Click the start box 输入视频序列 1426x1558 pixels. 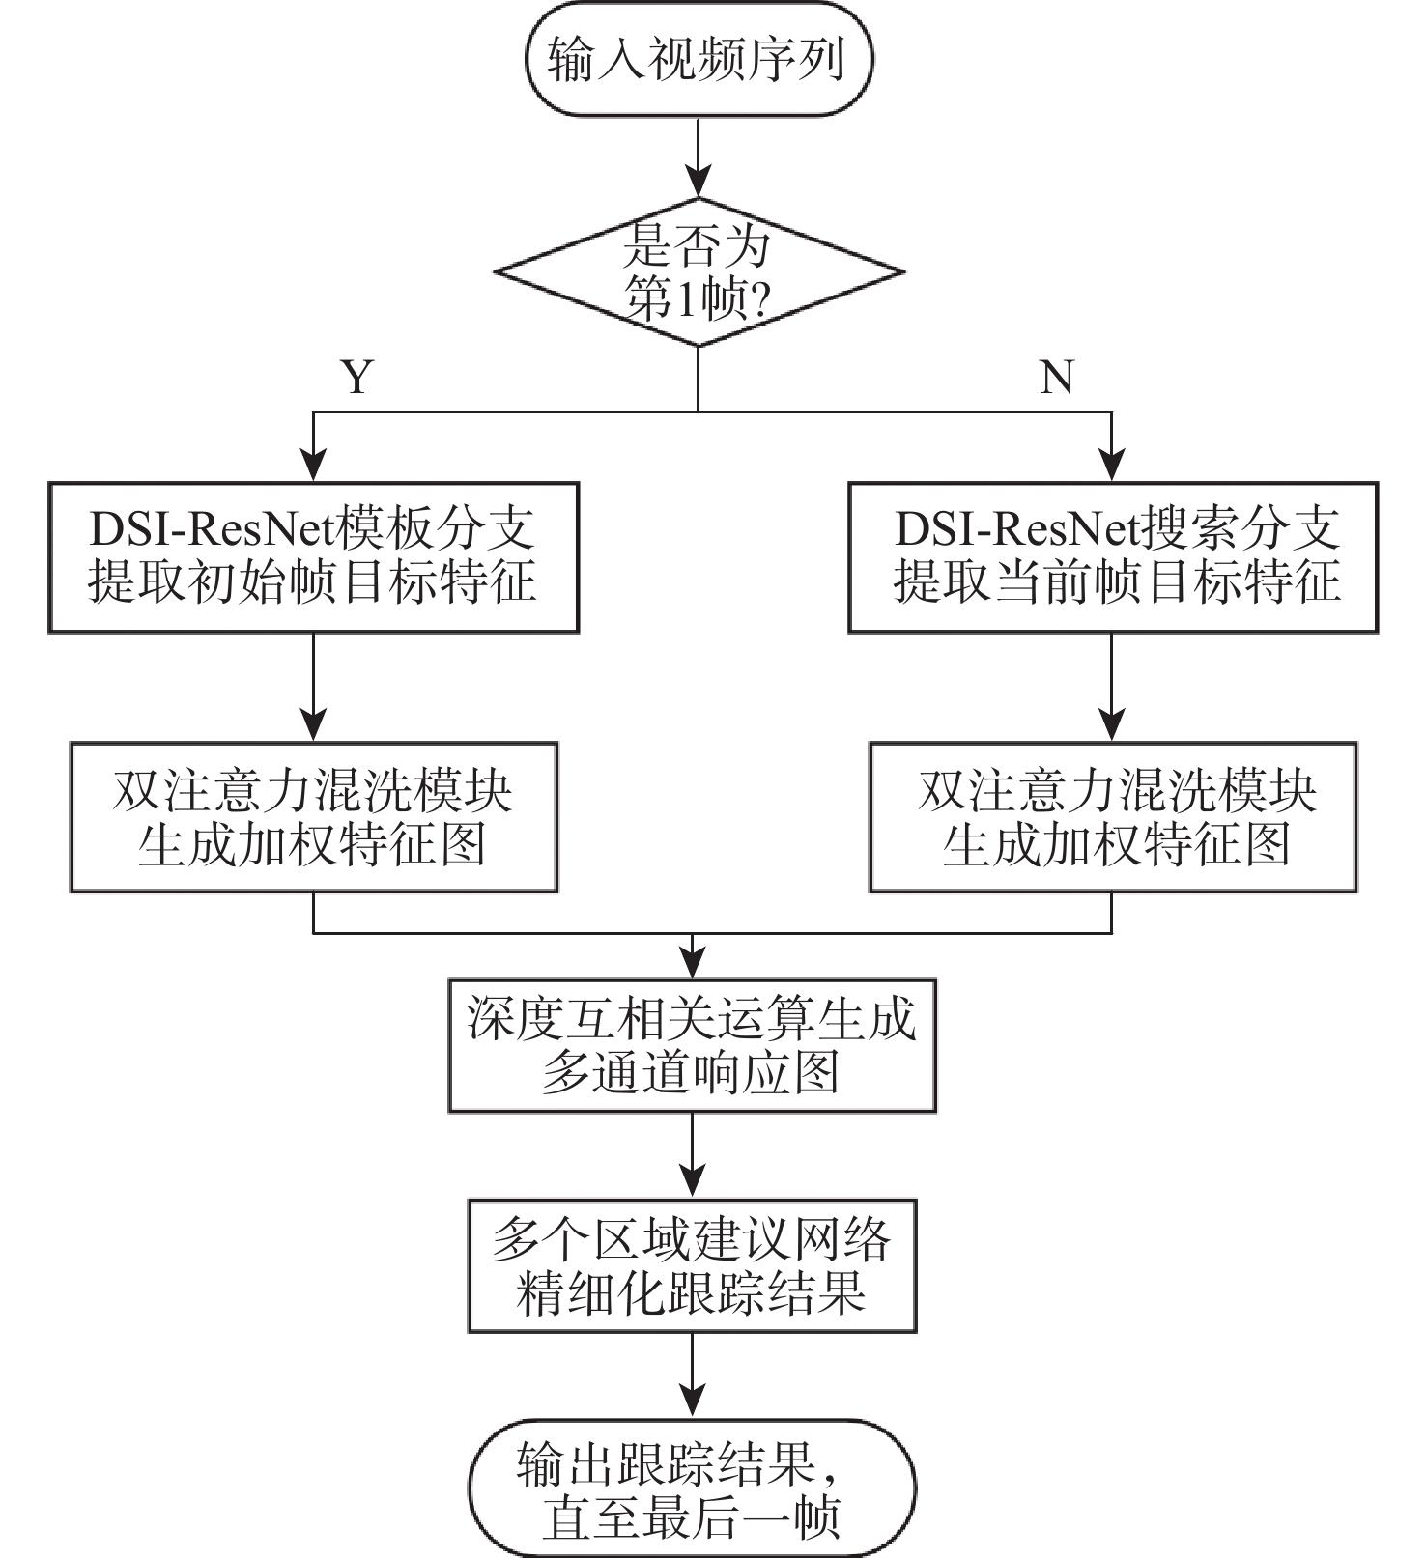click(x=698, y=59)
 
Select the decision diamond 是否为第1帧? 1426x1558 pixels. click(x=698, y=272)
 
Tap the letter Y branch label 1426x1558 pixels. click(x=357, y=377)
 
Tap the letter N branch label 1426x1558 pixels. click(x=1056, y=377)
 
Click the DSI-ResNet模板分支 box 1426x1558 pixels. click(x=313, y=557)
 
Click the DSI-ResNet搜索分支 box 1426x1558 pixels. click(x=1112, y=557)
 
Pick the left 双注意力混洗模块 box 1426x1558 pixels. click(x=313, y=817)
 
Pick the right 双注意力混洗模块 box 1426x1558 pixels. click(x=1112, y=817)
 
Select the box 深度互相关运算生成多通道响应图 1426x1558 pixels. click(x=692, y=1046)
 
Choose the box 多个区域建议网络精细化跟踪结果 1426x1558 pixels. click(x=692, y=1266)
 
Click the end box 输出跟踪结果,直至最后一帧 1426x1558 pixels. click(x=692, y=1487)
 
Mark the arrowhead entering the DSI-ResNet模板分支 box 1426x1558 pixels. click(x=313, y=468)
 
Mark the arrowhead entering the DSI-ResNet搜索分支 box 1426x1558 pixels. click(x=1112, y=468)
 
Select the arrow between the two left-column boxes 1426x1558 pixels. click(x=313, y=687)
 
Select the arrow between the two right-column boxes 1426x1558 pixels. click(x=1112, y=687)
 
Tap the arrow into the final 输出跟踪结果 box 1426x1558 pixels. click(x=692, y=1376)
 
